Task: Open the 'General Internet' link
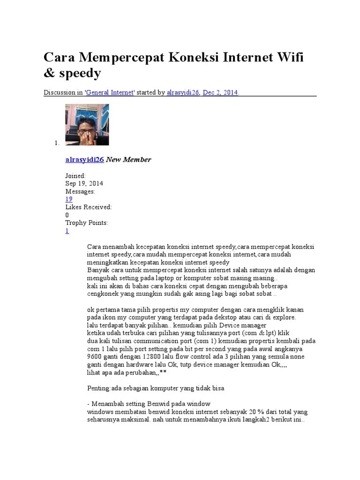pyautogui.click(x=110, y=93)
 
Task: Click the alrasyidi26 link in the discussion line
pyautogui.click(x=183, y=93)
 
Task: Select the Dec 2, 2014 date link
pyautogui.click(x=220, y=93)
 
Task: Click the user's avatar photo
pyautogui.click(x=87, y=125)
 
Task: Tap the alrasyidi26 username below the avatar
pyautogui.click(x=84, y=159)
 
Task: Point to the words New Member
pyautogui.click(x=128, y=159)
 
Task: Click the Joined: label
pyautogui.click(x=75, y=176)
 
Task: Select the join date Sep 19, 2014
pyautogui.click(x=84, y=184)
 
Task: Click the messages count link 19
pyautogui.click(x=69, y=199)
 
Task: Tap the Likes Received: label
pyautogui.click(x=89, y=207)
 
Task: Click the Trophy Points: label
pyautogui.click(x=87, y=223)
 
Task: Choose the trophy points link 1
pyautogui.click(x=67, y=231)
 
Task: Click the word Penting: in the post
pyautogui.click(x=99, y=388)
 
